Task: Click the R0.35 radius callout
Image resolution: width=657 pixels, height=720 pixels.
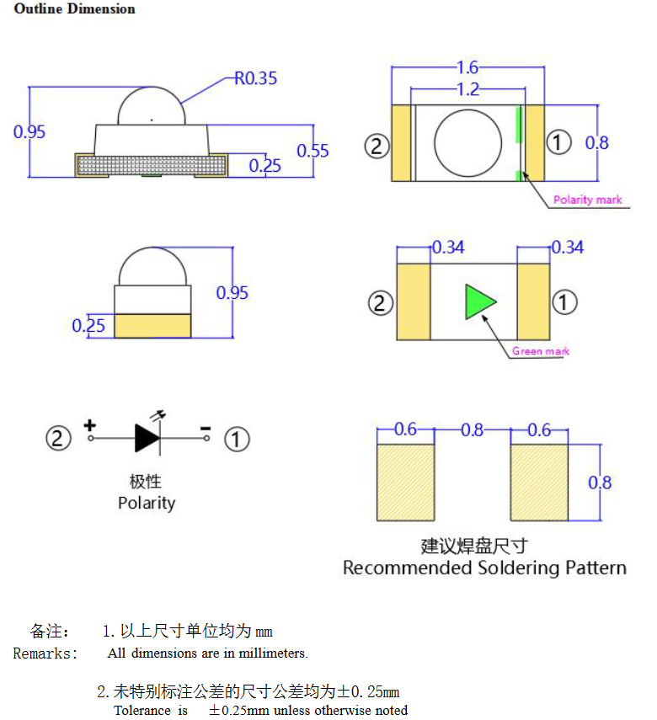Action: (x=255, y=78)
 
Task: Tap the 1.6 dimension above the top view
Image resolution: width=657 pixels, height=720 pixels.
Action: (x=467, y=67)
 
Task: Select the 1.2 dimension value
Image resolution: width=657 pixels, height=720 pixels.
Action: (x=467, y=88)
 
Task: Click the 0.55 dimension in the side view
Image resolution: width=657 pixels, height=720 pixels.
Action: (x=312, y=151)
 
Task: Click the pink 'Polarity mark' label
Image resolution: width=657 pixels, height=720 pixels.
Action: (x=587, y=200)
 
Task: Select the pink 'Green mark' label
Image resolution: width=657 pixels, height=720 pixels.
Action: (x=541, y=351)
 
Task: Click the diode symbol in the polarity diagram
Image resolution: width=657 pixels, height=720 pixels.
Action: (x=148, y=438)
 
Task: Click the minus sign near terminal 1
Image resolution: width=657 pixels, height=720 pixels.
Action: (x=205, y=429)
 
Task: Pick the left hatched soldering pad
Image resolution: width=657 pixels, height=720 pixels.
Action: (x=405, y=483)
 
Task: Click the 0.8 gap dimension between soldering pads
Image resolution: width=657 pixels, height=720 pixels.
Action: (x=473, y=430)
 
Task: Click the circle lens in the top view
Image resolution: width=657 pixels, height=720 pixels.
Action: (x=462, y=141)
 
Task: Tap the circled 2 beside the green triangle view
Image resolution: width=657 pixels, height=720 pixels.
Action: (x=381, y=301)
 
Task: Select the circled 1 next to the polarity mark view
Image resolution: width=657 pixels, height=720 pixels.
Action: (x=558, y=142)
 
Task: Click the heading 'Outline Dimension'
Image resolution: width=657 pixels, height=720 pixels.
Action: (x=74, y=9)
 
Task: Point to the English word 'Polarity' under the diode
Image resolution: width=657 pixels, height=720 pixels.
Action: (x=147, y=503)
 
